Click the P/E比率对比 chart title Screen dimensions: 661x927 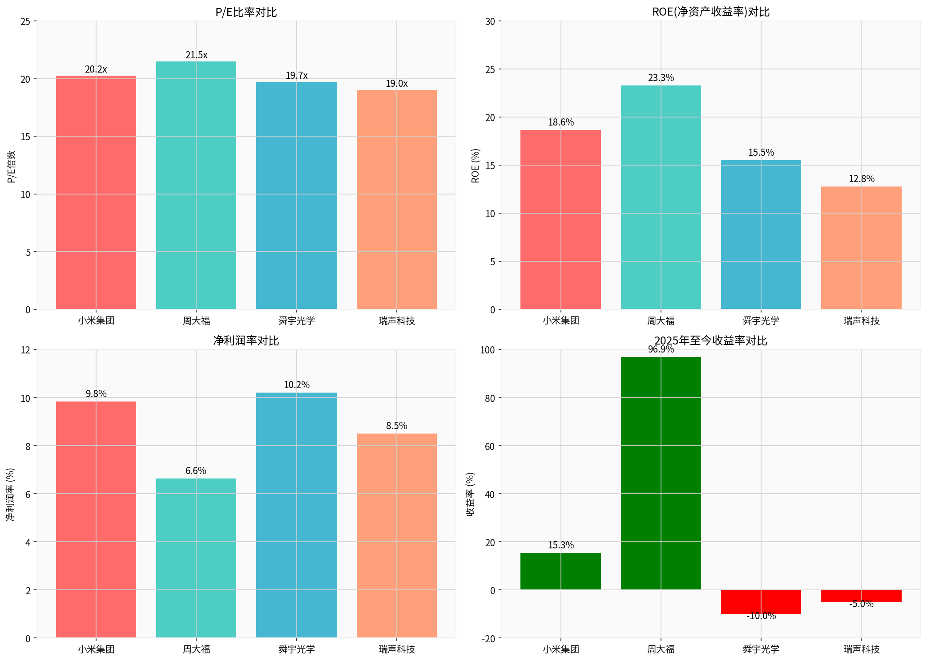click(x=246, y=12)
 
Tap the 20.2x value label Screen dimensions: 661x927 click(x=96, y=69)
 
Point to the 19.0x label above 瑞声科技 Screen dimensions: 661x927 click(x=397, y=84)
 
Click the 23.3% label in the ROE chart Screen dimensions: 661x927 click(x=661, y=78)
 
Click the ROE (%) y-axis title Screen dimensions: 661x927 click(x=476, y=166)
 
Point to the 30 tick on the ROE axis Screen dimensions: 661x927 click(x=490, y=21)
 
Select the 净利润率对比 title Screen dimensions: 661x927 click(x=246, y=341)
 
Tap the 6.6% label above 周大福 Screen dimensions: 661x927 click(x=196, y=471)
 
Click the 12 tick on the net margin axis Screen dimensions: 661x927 click(x=26, y=350)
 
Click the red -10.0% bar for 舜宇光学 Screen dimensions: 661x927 click(x=761, y=602)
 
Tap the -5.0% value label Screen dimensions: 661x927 click(x=861, y=604)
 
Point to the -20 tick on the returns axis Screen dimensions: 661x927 click(x=488, y=639)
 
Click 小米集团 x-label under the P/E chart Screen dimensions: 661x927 click(x=96, y=320)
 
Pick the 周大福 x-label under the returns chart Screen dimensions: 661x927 click(x=661, y=649)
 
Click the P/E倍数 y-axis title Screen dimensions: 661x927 click(x=12, y=166)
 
